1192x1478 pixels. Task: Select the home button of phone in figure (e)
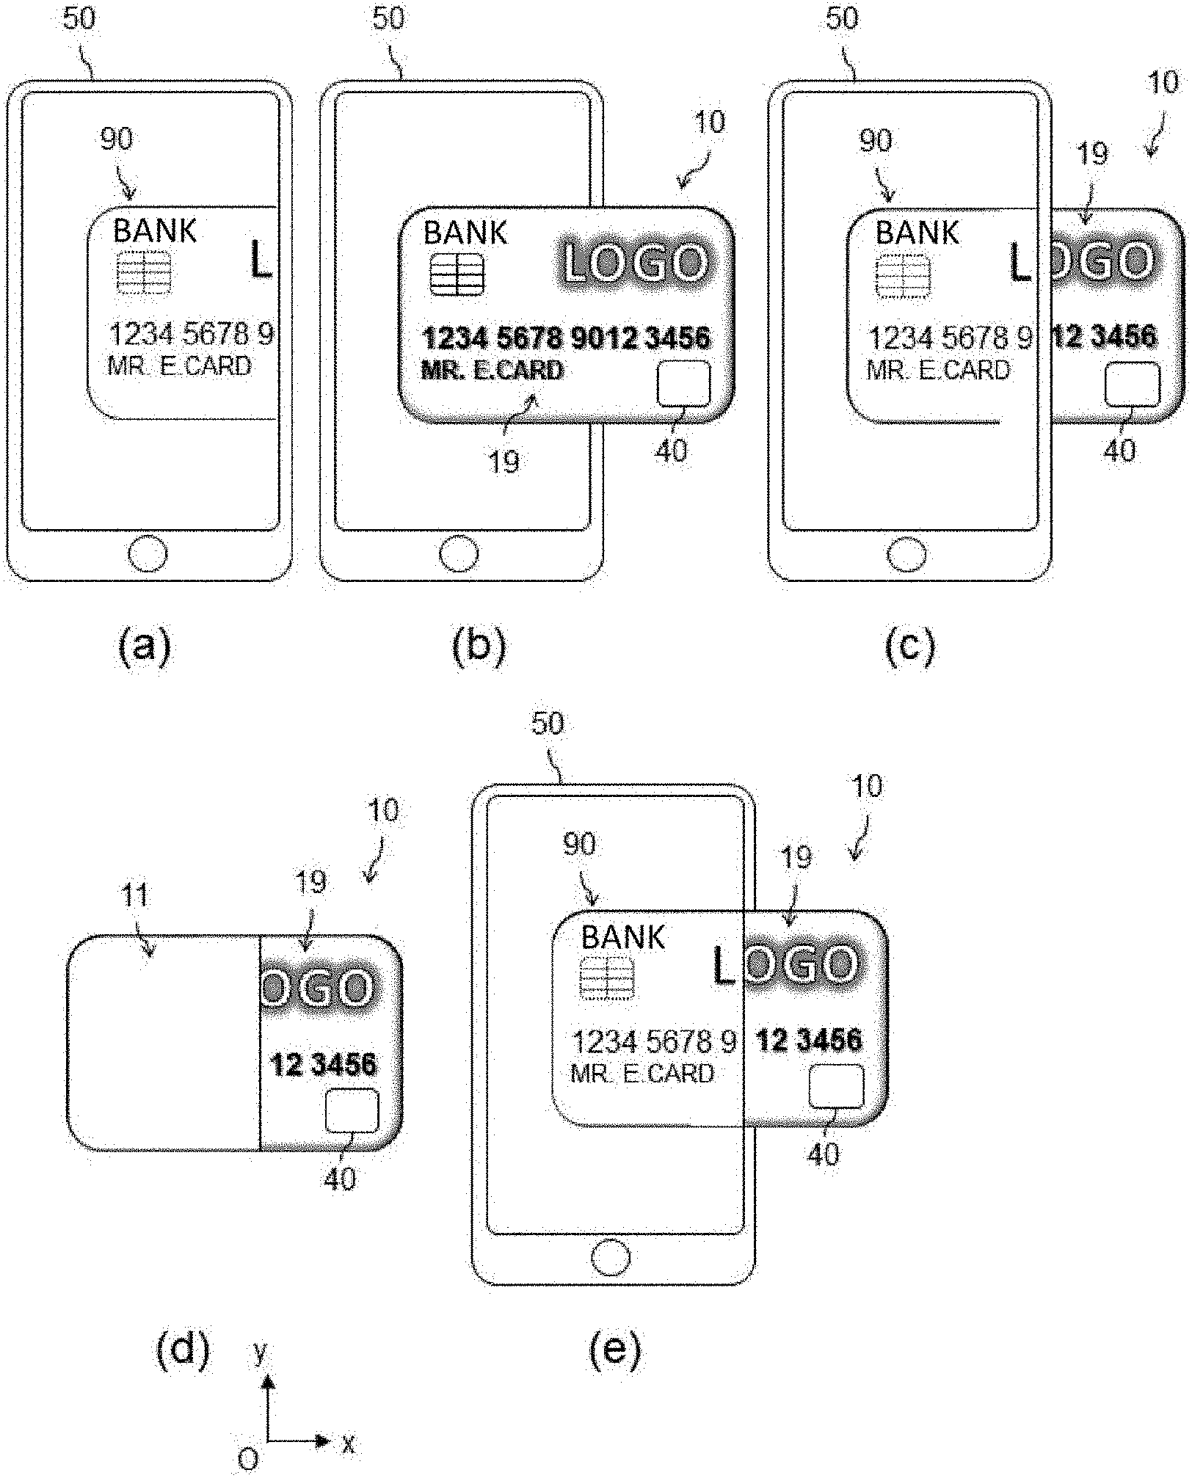610,1258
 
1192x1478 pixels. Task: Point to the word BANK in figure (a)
154,231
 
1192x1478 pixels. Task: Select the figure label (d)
183,1350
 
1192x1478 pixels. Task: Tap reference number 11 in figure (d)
136,896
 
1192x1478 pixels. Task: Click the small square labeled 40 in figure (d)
352,1111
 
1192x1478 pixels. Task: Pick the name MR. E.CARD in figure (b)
493,371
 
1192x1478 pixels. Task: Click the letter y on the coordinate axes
259,1351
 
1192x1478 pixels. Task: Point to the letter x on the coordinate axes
348,1444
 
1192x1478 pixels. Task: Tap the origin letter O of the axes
248,1459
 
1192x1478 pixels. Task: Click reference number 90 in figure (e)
578,845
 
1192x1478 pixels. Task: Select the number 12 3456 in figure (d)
324,1064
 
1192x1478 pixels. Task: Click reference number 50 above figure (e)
547,724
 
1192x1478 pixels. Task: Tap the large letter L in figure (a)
261,261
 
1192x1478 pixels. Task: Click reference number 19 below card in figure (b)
504,462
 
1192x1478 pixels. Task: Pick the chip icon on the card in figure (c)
903,276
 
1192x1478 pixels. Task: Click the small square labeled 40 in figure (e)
836,1087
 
